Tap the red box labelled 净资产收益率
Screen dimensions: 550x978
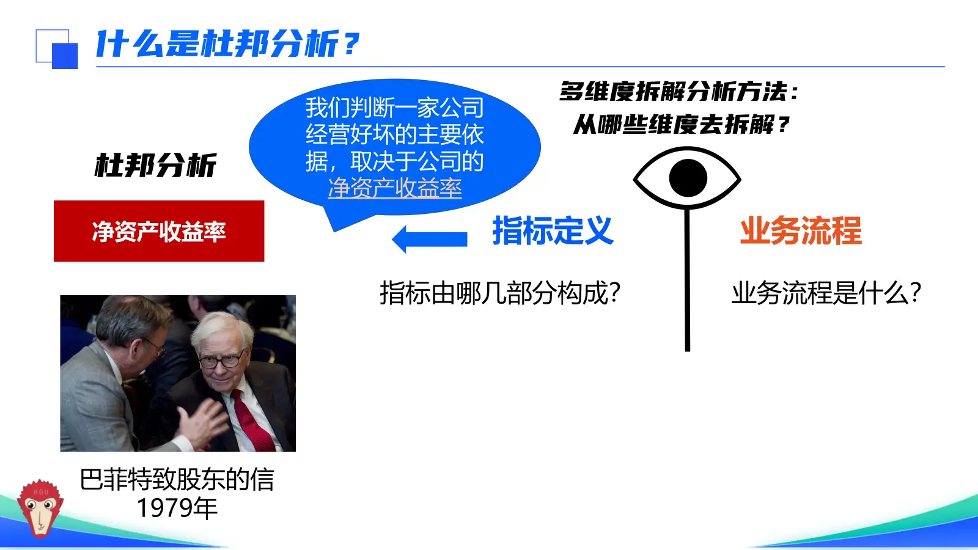click(159, 231)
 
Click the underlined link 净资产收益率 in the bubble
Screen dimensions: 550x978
click(395, 188)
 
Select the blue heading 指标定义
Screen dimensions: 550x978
click(553, 231)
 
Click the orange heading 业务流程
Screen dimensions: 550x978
click(801, 231)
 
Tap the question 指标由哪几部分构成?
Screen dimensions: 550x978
click(500, 293)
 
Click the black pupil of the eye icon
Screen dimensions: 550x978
click(688, 178)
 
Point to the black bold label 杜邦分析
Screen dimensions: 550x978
click(155, 166)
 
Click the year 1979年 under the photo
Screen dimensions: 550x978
click(177, 508)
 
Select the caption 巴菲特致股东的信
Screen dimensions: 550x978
click(177, 480)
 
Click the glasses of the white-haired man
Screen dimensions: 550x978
click(221, 360)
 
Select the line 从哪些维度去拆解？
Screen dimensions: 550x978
click(681, 125)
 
